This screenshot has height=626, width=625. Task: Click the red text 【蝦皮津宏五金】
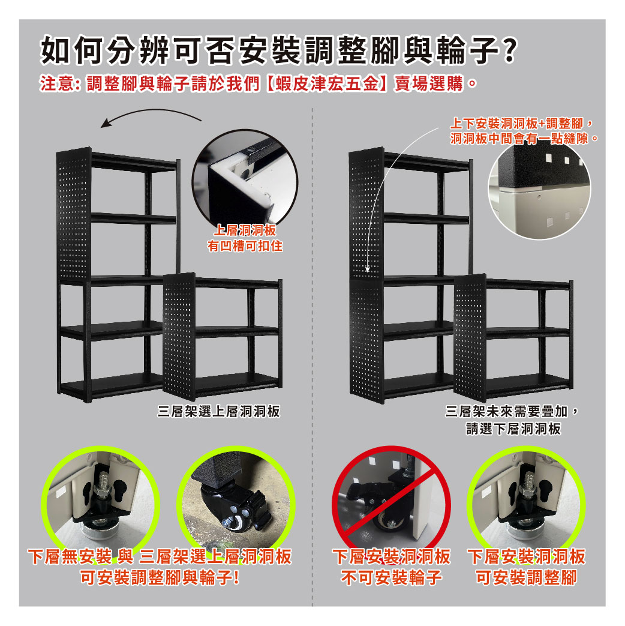pyautogui.click(x=326, y=84)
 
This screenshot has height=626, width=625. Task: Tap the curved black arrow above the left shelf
pyautogui.click(x=151, y=116)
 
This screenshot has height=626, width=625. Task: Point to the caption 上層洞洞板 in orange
pyautogui.click(x=245, y=230)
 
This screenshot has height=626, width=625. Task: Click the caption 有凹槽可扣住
pyautogui.click(x=245, y=245)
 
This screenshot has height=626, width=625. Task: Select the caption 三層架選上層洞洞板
pyautogui.click(x=219, y=411)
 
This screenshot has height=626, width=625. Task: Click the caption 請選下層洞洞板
pyautogui.click(x=513, y=429)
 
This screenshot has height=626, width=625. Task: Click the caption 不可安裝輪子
pyautogui.click(x=392, y=577)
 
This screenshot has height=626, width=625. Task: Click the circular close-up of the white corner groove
pyautogui.click(x=245, y=178)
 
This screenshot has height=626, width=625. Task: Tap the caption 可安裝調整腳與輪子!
pyautogui.click(x=160, y=577)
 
